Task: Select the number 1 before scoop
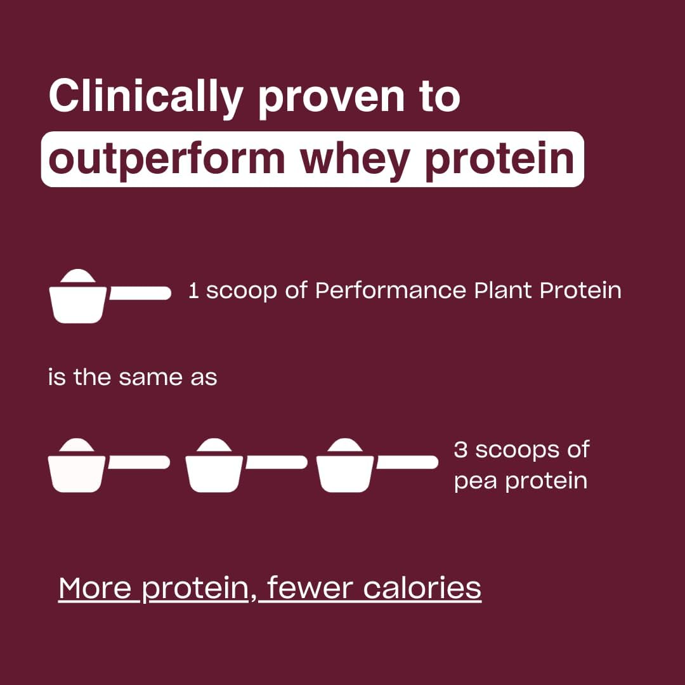(x=194, y=292)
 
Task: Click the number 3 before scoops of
(x=460, y=450)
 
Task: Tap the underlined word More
(x=95, y=588)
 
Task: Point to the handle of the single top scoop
(x=140, y=293)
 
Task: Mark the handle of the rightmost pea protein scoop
(x=407, y=462)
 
